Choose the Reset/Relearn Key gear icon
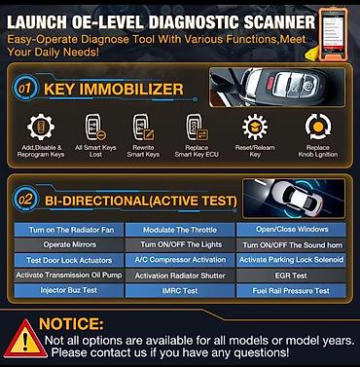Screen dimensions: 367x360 [x=255, y=128]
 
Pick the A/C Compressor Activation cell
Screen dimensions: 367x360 [x=179, y=260]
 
